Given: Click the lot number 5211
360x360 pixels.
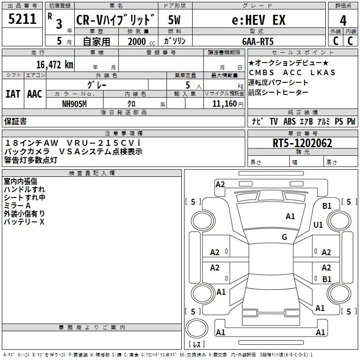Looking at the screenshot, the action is (x=22, y=20).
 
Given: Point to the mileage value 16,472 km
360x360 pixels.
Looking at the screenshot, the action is (x=55, y=65).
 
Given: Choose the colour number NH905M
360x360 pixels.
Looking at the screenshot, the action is (x=74, y=103).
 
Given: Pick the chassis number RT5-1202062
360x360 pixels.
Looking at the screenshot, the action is (x=302, y=143).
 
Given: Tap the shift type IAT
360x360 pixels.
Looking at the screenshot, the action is (x=13, y=94).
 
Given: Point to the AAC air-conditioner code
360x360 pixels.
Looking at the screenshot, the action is (x=34, y=94).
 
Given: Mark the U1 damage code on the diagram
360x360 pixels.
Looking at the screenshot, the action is (x=318, y=225).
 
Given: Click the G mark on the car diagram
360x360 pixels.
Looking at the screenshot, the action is (x=284, y=237).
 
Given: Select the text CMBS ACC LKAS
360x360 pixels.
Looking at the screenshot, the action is (x=292, y=72).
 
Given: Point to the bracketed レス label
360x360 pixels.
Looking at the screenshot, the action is (x=196, y=345).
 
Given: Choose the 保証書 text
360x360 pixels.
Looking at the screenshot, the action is (x=15, y=121).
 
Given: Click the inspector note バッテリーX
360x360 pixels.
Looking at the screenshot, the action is (x=24, y=222).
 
